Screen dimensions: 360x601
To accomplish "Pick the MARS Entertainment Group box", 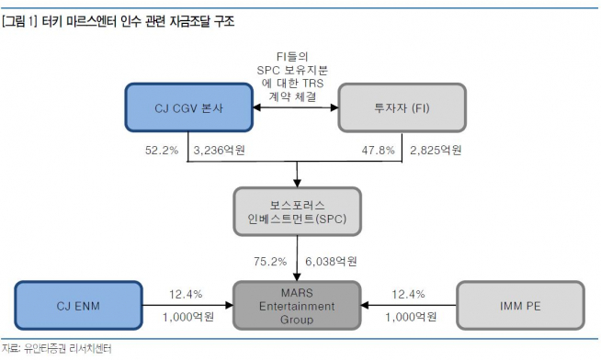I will [x=296, y=306].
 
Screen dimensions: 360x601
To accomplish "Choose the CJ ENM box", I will [x=78, y=306].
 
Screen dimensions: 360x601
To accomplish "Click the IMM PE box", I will [x=520, y=306].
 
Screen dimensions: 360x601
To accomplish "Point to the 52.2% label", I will [x=160, y=150].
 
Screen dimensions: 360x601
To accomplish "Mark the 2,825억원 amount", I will [x=434, y=150].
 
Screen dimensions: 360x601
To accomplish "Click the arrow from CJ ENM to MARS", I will [x=188, y=306].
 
